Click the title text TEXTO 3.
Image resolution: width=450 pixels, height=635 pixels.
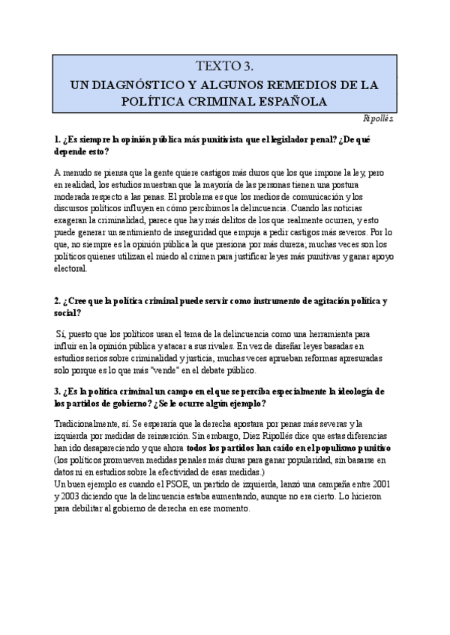[x=224, y=67]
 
